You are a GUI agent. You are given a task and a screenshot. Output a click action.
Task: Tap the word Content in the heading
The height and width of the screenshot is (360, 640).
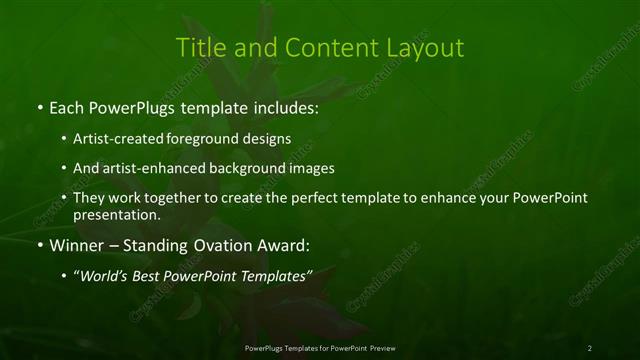(327, 48)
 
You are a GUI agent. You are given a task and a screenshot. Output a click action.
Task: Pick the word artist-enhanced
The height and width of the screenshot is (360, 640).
(144, 168)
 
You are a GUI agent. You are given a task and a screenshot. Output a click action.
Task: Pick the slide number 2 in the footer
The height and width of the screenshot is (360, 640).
(589, 347)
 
